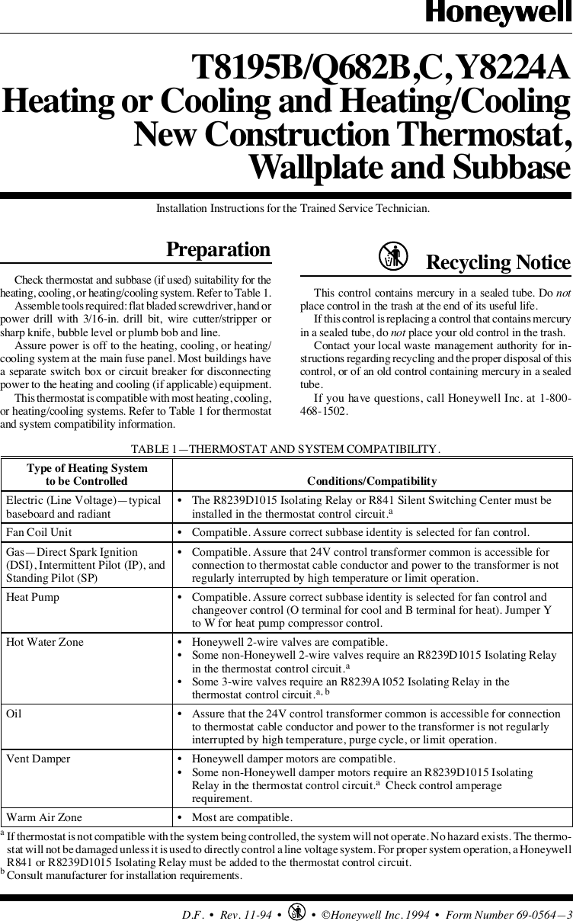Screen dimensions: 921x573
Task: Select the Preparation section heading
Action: [x=219, y=250]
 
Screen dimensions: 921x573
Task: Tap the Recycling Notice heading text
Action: [x=498, y=262]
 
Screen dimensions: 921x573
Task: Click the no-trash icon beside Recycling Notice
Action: [x=392, y=257]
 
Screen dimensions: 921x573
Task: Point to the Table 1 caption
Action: [x=286, y=449]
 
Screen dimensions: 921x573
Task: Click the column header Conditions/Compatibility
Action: [x=371, y=481]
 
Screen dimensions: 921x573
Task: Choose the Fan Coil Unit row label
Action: [x=39, y=531]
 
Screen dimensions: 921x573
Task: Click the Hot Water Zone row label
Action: [x=44, y=642]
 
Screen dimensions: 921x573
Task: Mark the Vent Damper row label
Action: [x=38, y=759]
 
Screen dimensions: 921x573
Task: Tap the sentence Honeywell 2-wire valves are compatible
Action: [x=290, y=642]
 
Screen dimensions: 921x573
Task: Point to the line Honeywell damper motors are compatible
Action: [x=293, y=759]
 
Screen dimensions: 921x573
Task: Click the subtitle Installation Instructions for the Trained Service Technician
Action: [x=293, y=207]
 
